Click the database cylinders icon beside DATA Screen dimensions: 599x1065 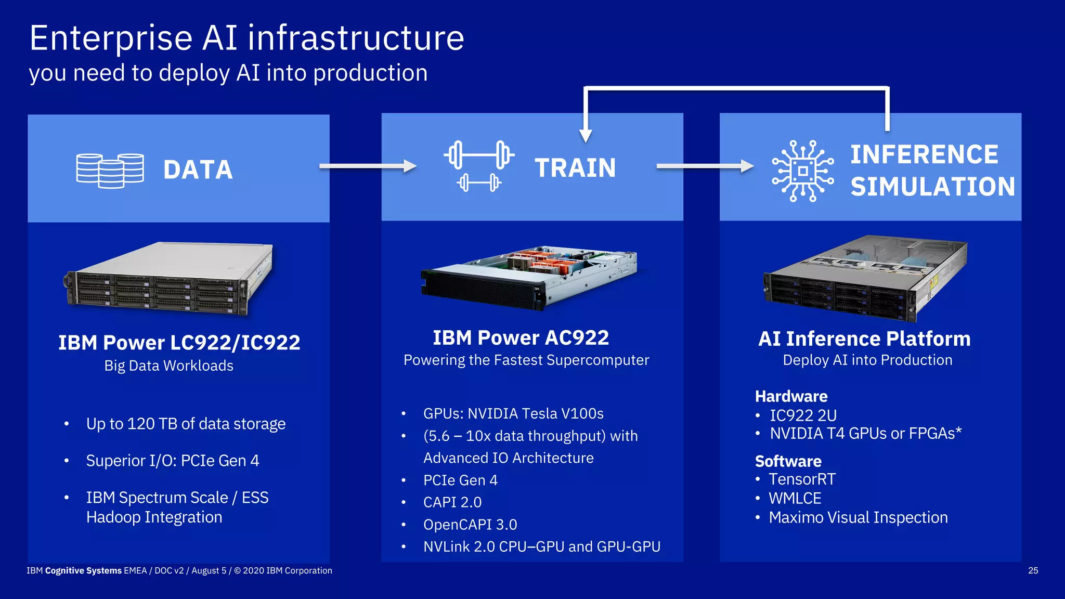tap(110, 171)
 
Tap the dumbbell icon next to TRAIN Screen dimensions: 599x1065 tap(479, 165)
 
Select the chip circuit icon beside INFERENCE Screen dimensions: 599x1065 tap(802, 171)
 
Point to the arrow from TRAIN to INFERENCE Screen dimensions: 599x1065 tap(704, 166)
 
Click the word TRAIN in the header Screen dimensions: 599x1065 tap(575, 168)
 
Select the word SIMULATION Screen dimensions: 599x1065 tap(932, 187)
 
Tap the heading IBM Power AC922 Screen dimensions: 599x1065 tap(521, 338)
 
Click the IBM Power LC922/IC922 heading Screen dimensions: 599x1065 tap(179, 343)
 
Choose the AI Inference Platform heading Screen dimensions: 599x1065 tap(864, 339)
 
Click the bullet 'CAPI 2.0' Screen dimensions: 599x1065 tap(452, 502)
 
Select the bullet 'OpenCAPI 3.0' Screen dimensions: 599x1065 tap(470, 525)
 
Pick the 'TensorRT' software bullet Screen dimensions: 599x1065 tap(802, 479)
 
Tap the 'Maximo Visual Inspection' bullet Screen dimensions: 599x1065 tap(858, 518)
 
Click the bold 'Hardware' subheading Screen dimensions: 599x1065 tap(791, 396)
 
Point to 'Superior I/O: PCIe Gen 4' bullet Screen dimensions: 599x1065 tap(172, 461)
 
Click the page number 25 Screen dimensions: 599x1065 tap(1033, 570)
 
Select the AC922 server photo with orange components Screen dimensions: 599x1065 tap(529, 278)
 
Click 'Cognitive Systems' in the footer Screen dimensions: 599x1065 tap(83, 570)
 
